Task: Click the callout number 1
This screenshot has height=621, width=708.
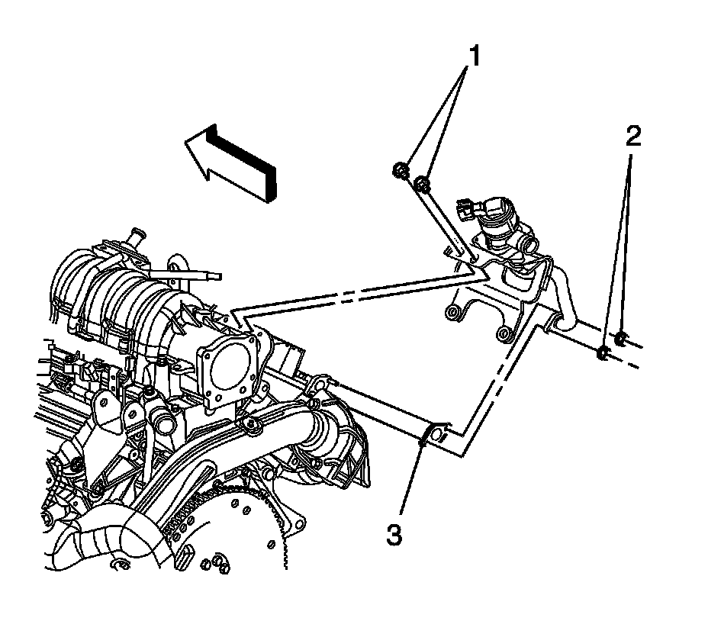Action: pyautogui.click(x=474, y=55)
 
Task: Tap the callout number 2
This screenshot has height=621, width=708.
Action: pyautogui.click(x=632, y=136)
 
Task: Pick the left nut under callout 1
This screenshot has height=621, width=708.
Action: pyautogui.click(x=402, y=170)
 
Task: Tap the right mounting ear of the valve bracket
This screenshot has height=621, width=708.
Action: pyautogui.click(x=502, y=333)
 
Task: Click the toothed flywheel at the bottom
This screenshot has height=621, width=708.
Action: pyautogui.click(x=252, y=526)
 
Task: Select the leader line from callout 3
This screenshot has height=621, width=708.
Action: pyautogui.click(x=408, y=481)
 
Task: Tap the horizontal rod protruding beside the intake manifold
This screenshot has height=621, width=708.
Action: pyautogui.click(x=195, y=272)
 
